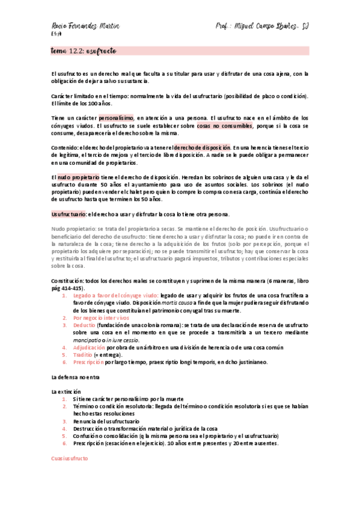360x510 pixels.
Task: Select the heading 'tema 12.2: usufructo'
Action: coord(84,52)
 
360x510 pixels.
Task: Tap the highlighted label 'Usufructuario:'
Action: coord(69,214)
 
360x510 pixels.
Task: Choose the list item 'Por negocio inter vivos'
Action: coord(101,317)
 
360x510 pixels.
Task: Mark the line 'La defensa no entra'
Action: coord(75,376)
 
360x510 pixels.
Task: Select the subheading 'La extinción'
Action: coord(66,392)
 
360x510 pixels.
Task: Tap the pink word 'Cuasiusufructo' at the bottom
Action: coord(69,458)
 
